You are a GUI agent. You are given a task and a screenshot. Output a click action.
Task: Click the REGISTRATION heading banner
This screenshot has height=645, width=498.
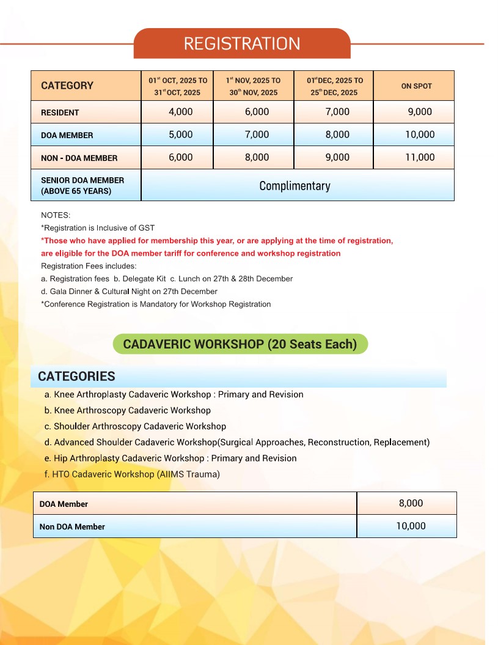242,44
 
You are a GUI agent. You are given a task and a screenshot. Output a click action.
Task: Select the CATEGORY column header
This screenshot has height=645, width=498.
67,86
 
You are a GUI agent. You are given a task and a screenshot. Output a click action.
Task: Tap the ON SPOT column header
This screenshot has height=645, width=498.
416,86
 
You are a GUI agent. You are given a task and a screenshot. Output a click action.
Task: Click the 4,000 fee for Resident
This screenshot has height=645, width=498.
180,112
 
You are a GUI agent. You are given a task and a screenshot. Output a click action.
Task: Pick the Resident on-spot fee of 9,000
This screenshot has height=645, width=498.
419,112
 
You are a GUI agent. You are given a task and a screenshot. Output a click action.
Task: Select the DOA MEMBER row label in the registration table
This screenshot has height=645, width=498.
67,135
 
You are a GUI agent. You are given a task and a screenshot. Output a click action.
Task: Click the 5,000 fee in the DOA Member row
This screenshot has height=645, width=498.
180,135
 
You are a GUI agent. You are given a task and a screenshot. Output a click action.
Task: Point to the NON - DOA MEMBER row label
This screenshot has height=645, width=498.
79,158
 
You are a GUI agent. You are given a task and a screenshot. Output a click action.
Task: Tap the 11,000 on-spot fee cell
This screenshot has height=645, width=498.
420,157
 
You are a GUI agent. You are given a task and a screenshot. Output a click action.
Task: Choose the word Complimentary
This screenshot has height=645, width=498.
295,186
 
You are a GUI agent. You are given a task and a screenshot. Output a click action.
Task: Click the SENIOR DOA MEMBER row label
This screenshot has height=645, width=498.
82,185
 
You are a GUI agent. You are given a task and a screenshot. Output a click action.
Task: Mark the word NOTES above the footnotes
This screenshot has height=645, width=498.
56,215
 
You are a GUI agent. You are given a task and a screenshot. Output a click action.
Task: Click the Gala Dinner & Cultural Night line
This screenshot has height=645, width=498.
129,292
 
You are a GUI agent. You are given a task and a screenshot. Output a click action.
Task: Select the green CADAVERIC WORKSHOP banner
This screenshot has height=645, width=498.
240,344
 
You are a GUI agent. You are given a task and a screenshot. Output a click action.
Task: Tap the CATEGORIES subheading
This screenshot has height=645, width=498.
76,376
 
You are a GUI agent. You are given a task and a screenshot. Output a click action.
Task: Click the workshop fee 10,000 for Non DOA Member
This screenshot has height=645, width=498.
411,526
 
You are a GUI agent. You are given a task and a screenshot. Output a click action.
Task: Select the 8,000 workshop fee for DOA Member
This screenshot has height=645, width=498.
411,503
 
